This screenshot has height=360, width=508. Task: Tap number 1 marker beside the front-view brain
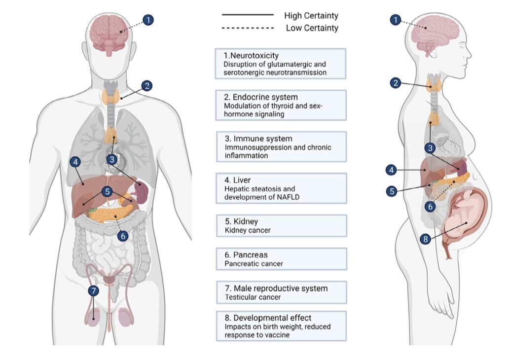pyautogui.click(x=148, y=20)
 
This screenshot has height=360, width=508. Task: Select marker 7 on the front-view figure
pyautogui.click(x=93, y=291)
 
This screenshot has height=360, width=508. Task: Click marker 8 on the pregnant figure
pyautogui.click(x=426, y=239)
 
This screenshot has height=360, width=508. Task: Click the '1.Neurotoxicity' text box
pyautogui.click(x=281, y=64)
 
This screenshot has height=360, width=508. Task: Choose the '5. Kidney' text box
pyautogui.click(x=281, y=225)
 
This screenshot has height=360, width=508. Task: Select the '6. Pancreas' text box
pyautogui.click(x=281, y=259)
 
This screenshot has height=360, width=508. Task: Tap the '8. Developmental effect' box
pyautogui.click(x=281, y=325)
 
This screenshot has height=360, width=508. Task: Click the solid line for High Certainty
pyautogui.click(x=247, y=15)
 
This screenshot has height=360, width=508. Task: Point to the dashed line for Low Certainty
pyautogui.click(x=247, y=28)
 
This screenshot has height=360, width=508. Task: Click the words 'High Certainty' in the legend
pyautogui.click(x=311, y=15)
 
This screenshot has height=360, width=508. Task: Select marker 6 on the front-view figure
pyautogui.click(x=123, y=236)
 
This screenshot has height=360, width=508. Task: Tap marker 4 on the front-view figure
pyautogui.click(x=75, y=162)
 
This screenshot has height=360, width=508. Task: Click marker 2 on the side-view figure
pyautogui.click(x=395, y=83)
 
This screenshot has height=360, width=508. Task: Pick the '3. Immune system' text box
pyautogui.click(x=281, y=146)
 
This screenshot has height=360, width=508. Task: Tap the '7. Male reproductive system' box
pyautogui.click(x=281, y=292)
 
